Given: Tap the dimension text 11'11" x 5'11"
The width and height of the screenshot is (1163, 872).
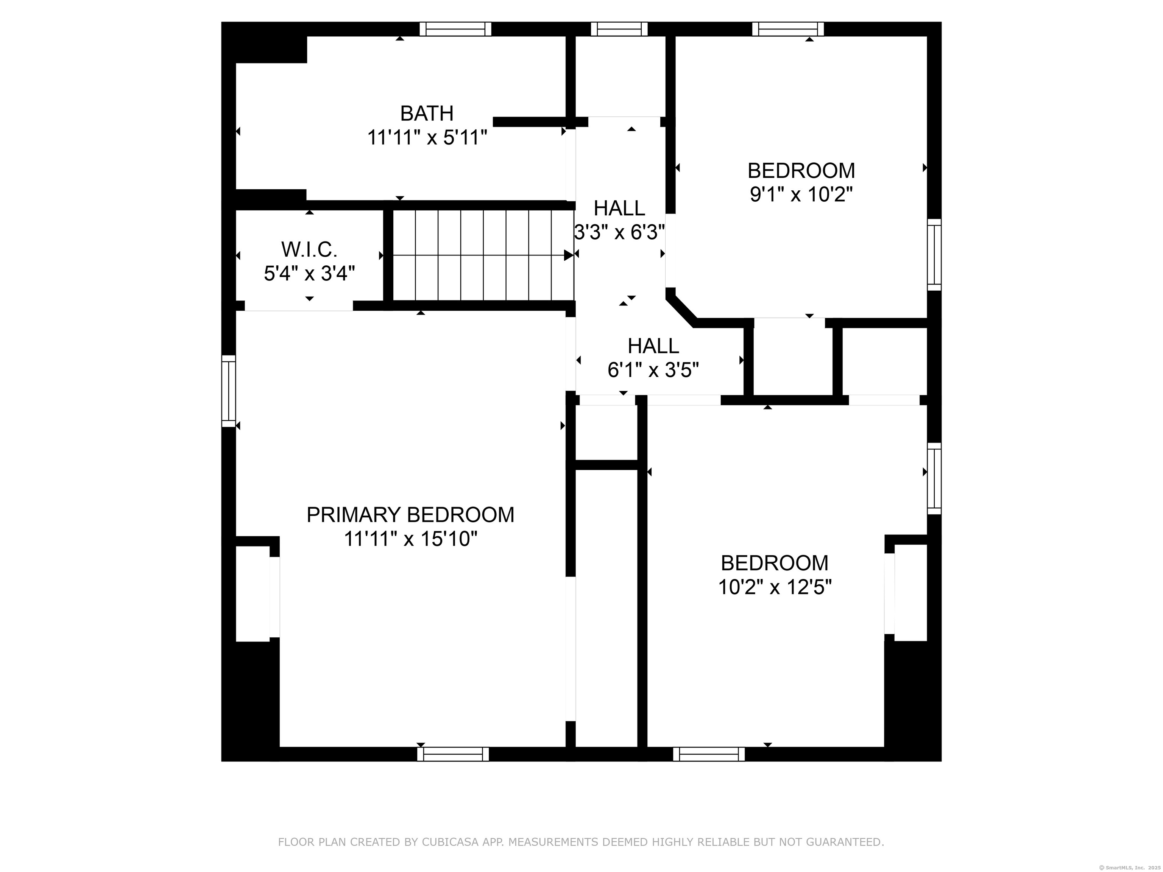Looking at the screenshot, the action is pos(427,138).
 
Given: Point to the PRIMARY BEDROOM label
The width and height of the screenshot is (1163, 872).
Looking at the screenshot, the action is pos(411,515).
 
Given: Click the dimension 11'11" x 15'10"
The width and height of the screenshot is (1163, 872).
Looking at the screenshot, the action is pos(411,539).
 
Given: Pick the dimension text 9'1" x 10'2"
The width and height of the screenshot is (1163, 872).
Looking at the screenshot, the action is pos(801,195).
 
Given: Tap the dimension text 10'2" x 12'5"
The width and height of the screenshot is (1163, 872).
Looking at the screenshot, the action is pos(775,587).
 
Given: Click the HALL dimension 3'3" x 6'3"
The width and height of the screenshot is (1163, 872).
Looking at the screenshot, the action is pos(619,232).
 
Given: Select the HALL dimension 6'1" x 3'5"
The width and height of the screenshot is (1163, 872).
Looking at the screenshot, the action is pos(653,370).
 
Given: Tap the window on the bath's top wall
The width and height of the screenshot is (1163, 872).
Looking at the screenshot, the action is pos(455,29).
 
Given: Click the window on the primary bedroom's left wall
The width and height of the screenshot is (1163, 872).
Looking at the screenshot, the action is pos(229,391).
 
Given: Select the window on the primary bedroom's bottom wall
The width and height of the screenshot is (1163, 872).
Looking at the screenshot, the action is pos(453,754).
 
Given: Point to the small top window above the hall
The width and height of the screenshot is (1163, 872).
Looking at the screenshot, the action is pos(619,29).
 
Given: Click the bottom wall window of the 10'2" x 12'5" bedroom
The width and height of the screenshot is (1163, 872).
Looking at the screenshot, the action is pos(709,754).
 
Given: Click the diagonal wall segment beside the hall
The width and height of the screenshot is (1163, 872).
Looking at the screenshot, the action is pos(682,310).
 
